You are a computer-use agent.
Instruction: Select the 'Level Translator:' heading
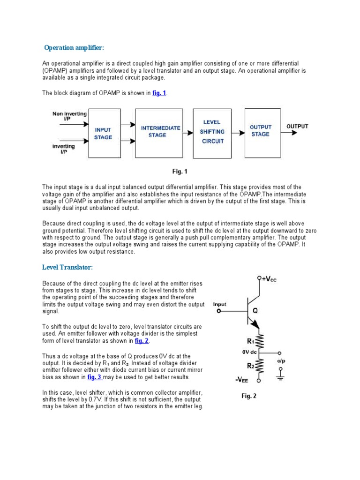[x=67, y=267]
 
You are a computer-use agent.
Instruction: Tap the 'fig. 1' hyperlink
[x=159, y=93]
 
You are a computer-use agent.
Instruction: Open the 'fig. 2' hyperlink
[x=141, y=341]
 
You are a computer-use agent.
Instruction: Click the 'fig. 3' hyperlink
[x=93, y=376]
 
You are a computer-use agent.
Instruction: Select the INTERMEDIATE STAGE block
[x=160, y=131]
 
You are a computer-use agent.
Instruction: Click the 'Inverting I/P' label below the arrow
[x=63, y=149]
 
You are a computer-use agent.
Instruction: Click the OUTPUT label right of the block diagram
[x=298, y=126]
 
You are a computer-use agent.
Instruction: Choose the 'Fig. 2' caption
[x=249, y=396]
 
